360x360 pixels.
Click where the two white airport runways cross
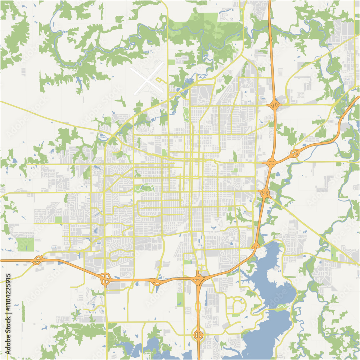(x=148, y=79)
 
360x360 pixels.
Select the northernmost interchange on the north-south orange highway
(x=274, y=105)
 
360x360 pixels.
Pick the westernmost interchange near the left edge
(x=38, y=260)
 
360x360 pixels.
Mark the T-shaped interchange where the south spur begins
(x=198, y=278)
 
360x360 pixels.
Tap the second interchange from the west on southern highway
(x=105, y=279)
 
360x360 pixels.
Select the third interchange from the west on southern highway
(x=156, y=282)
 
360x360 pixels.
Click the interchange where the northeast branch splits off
(x=270, y=163)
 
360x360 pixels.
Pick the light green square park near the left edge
(x=25, y=244)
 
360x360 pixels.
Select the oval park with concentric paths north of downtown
(x=186, y=114)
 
